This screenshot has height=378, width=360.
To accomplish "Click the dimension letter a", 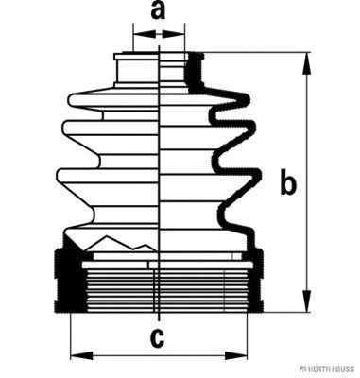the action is click(158, 10).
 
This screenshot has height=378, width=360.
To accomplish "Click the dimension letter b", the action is click(288, 181).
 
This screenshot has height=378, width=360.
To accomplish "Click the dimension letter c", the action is click(157, 338).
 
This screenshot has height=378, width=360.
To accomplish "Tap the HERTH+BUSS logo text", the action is click(327, 369).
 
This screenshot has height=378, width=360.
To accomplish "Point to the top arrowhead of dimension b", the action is click(306, 63).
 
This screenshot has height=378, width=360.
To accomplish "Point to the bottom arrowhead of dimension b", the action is click(306, 301).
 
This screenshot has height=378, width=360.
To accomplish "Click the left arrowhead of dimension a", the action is click(145, 34).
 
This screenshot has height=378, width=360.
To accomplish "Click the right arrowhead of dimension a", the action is click(173, 34).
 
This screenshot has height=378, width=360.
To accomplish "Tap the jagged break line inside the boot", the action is click(121, 243).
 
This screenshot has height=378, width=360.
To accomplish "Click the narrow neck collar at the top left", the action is click(136, 70).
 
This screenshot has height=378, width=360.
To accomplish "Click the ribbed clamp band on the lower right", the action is click(258, 280).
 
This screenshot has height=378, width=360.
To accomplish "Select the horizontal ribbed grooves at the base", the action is click(158, 290).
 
